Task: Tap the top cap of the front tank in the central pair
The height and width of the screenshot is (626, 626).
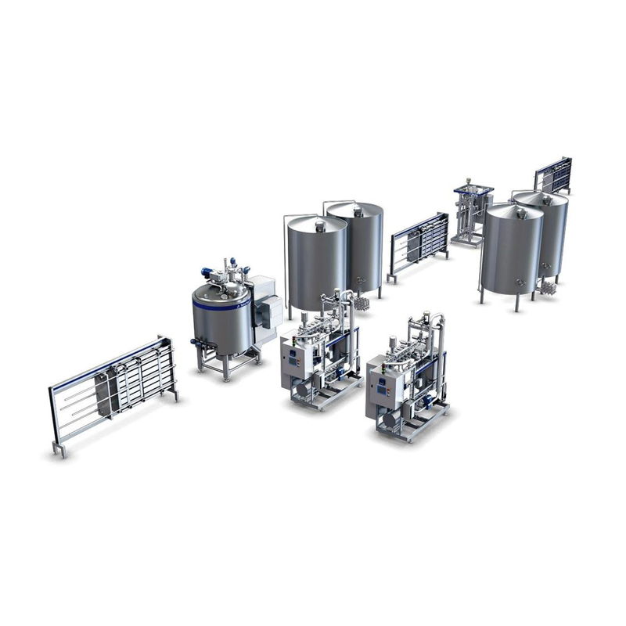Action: click(319, 225)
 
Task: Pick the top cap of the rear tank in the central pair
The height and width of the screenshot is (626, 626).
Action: click(357, 209)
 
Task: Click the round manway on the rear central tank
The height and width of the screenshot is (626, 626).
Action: click(361, 279)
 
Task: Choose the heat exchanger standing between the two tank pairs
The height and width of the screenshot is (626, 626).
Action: click(419, 243)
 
